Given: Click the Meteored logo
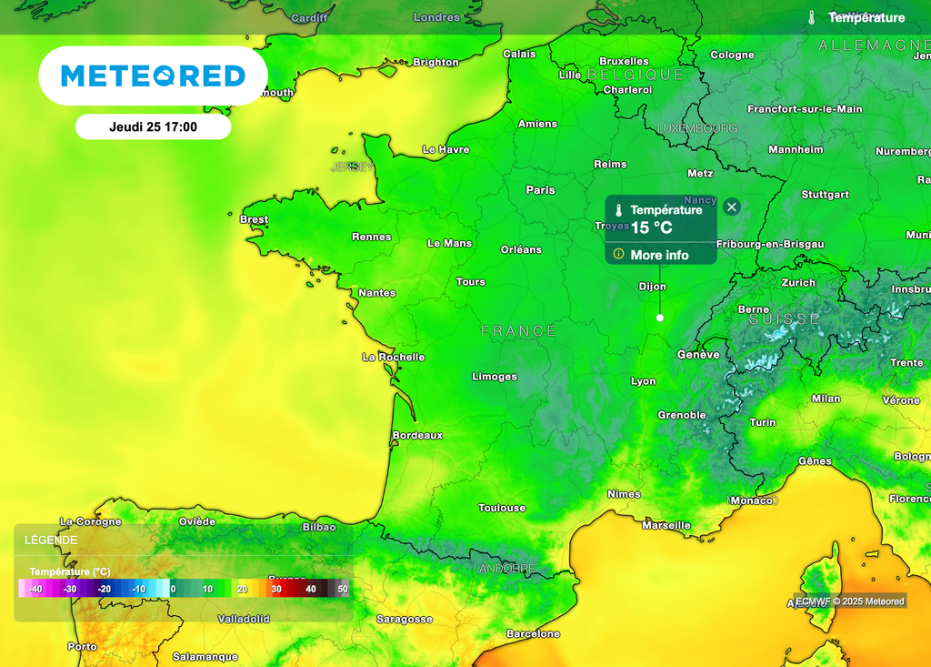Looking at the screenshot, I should [x=153, y=76].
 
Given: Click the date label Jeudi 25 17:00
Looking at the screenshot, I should [x=153, y=127].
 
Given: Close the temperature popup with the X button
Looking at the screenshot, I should [x=732, y=207].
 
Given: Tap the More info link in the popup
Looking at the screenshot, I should [x=659, y=255].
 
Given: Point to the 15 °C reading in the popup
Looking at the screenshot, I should [x=652, y=227].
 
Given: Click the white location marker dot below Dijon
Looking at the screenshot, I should [x=660, y=318].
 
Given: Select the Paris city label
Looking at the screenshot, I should [x=540, y=190].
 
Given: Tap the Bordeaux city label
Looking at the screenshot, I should [x=417, y=435].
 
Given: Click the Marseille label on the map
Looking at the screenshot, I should [x=666, y=525].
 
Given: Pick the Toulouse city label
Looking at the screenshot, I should [x=502, y=508].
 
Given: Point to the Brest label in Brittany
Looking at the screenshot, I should [x=254, y=219].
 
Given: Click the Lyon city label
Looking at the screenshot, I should [x=644, y=381].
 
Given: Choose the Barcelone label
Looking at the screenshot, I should [x=533, y=633].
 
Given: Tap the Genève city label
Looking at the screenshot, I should [x=698, y=355].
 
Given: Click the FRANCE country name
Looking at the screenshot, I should [x=518, y=331].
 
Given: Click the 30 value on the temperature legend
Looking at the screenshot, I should [x=276, y=589].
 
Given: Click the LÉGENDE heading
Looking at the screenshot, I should [x=51, y=540].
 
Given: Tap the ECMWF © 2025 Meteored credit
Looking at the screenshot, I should [x=850, y=601].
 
